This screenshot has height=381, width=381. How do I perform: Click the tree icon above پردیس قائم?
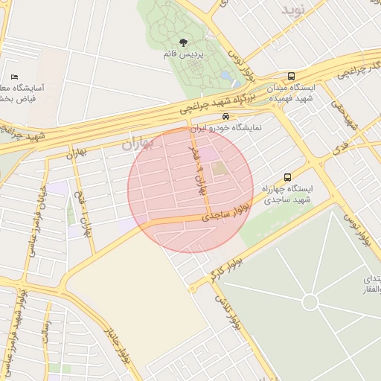point(184,42)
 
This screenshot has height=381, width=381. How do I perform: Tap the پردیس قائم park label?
point(183,54)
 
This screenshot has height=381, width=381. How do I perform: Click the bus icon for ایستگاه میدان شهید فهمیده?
point(291,77)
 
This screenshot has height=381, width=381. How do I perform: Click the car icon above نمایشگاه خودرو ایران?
point(225,117)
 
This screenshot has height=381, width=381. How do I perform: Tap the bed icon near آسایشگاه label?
point(15,77)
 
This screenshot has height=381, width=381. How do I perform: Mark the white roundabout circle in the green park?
point(310,302)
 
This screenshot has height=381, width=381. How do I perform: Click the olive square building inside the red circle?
point(220,169)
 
